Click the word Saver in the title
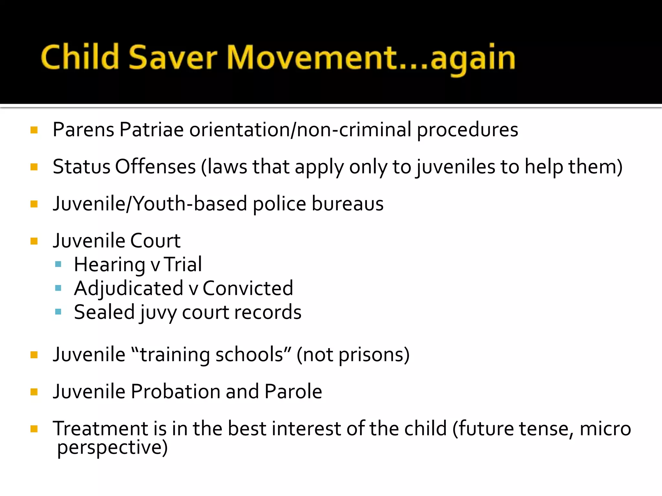(173, 57)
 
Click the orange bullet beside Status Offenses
(34, 167)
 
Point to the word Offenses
(155, 167)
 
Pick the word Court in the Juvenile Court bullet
(155, 241)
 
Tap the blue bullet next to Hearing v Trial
(58, 264)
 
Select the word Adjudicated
(129, 288)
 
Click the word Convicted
(248, 288)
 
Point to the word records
(268, 312)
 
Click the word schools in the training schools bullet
(249, 355)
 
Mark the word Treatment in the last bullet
(100, 429)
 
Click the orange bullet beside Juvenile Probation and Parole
(34, 392)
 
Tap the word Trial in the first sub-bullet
(183, 264)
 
